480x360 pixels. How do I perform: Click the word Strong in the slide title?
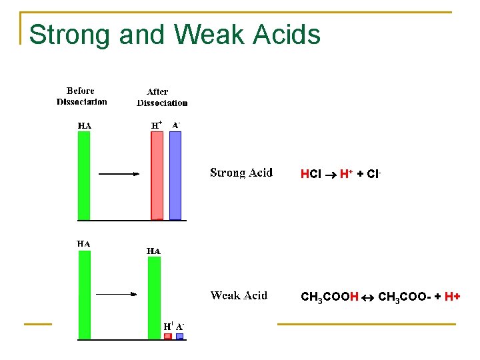tap(71, 35)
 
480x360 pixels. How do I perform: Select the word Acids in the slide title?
tap(286, 35)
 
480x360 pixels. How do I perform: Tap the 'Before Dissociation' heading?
tap(81, 97)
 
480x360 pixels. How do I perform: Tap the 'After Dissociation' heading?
tap(162, 97)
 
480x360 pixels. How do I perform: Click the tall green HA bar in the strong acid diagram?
tap(84, 175)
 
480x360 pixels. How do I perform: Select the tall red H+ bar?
tap(157, 175)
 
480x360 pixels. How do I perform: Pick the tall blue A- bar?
tap(175, 175)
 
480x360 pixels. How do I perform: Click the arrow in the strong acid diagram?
tap(119, 175)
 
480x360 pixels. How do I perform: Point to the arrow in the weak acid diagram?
tap(117, 293)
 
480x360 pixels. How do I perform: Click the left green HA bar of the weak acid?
tap(84, 294)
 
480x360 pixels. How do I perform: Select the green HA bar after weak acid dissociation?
tap(154, 297)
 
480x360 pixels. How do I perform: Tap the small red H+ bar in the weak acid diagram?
tap(168, 336)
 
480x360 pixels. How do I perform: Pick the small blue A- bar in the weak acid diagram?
tap(179, 336)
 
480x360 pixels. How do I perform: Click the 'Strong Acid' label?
tap(241, 173)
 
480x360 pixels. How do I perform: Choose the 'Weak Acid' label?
tap(239, 295)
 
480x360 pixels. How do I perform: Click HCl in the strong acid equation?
tap(311, 175)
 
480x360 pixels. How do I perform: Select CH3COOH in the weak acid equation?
tap(329, 297)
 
